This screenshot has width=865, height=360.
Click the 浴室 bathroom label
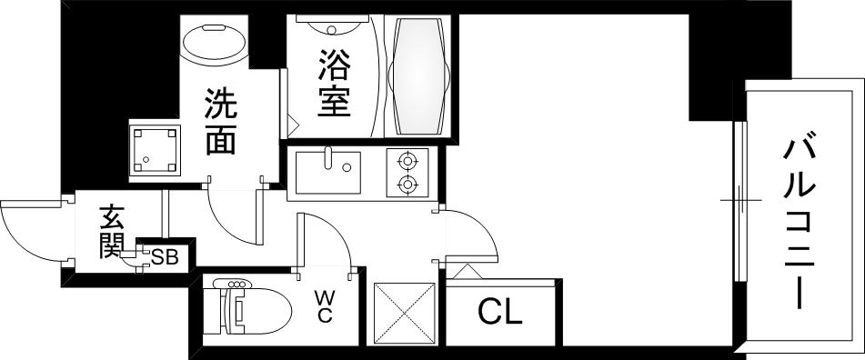pos(334,84)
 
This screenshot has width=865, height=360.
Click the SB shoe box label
pos(164,257)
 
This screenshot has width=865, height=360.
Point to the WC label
pos(324,305)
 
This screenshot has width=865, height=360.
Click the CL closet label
pos(499,314)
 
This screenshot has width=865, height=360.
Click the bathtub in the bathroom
pos(418,75)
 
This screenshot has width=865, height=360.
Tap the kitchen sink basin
pos(328,173)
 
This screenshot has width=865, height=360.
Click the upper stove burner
pos(407,161)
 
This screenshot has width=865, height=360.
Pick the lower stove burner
pos(407,185)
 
